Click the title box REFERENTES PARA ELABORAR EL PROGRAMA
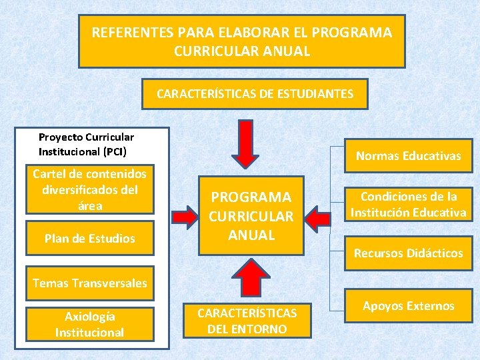click(x=241, y=41)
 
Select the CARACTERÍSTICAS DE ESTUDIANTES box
click(x=255, y=94)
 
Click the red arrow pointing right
click(x=183, y=215)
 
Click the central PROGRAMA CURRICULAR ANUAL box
click(x=251, y=216)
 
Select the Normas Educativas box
click(x=408, y=156)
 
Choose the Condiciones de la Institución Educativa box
click(x=408, y=205)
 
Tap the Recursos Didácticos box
click(x=408, y=253)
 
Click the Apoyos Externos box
click(x=408, y=306)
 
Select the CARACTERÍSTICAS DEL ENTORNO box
click(x=247, y=321)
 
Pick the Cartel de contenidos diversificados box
click(x=90, y=189)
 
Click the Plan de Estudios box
click(x=90, y=238)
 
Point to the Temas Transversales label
click(x=90, y=283)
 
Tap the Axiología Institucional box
click(x=90, y=324)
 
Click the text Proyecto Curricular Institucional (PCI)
click(x=86, y=144)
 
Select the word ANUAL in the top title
click(x=288, y=51)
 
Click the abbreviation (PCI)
click(x=114, y=151)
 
